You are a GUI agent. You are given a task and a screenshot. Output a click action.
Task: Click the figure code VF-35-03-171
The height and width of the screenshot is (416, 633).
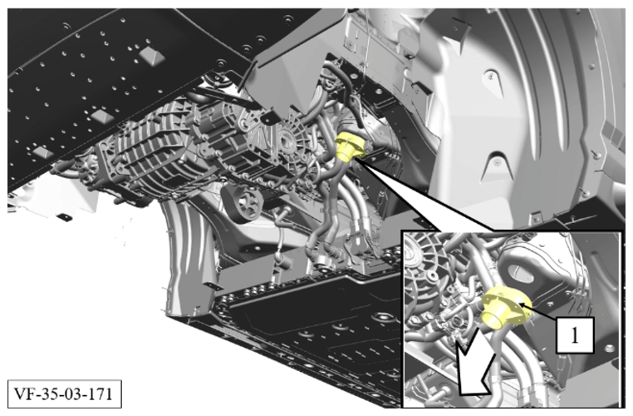[x=64, y=394]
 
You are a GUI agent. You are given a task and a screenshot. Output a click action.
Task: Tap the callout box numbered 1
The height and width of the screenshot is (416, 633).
[x=575, y=334]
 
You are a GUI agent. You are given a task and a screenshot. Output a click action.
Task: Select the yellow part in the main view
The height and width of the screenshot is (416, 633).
[x=351, y=146]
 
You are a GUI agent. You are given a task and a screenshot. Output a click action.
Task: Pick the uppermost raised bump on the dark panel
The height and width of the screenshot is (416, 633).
[x=151, y=56]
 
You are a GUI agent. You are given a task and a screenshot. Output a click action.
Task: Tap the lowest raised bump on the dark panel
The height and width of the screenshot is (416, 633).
[x=43, y=152]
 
